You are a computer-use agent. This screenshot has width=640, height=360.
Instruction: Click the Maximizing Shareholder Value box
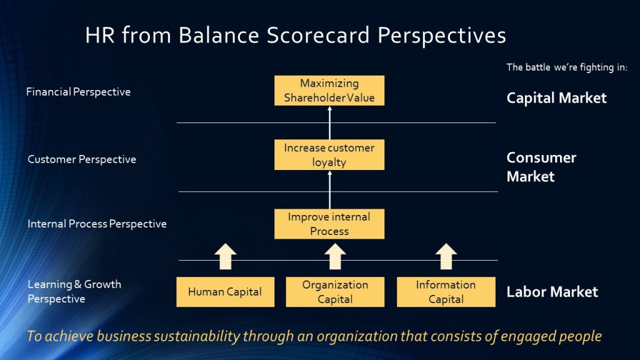click(329, 91)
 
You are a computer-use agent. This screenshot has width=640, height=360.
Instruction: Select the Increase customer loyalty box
click(329, 155)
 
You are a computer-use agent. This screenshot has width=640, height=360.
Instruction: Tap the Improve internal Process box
click(329, 224)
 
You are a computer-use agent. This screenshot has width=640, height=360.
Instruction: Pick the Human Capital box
click(225, 292)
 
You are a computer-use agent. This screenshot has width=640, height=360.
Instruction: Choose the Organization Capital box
click(335, 292)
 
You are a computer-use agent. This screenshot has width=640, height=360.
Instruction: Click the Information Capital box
click(446, 292)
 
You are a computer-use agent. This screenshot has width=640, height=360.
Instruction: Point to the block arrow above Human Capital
click(225, 257)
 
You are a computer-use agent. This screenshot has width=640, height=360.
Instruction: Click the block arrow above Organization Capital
click(335, 257)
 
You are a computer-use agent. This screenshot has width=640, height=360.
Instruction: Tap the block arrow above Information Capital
click(446, 257)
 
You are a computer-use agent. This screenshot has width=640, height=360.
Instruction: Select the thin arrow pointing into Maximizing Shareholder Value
click(330, 122)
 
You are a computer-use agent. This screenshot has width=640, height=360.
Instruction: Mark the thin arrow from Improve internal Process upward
click(330, 190)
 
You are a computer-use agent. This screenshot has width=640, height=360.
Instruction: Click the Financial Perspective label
click(78, 92)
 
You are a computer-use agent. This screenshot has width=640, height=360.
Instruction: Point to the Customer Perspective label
click(82, 159)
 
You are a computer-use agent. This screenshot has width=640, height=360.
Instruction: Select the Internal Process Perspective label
click(97, 224)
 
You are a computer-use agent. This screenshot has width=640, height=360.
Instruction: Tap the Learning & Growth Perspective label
click(74, 291)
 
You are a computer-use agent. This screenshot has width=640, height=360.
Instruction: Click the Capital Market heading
click(556, 98)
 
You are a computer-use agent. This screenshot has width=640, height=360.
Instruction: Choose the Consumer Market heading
click(541, 167)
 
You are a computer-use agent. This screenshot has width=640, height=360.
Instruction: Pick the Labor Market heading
click(552, 292)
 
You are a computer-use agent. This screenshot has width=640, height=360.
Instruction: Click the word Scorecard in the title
click(318, 35)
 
